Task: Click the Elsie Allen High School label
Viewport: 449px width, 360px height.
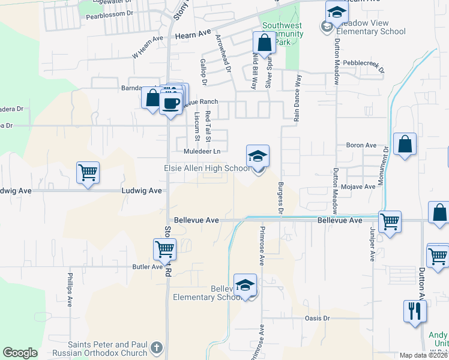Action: click(x=207, y=169)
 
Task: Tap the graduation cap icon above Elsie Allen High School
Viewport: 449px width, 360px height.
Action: click(x=258, y=156)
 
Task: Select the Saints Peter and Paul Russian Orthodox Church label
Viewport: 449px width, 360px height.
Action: click(x=108, y=349)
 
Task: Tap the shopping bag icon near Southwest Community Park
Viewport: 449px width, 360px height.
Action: click(x=264, y=43)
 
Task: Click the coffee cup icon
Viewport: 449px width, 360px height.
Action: click(x=171, y=103)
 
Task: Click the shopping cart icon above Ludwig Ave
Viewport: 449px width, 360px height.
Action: click(x=88, y=173)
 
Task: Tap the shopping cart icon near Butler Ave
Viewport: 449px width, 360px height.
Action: click(x=164, y=248)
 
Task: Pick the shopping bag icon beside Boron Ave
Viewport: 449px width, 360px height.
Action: click(x=406, y=145)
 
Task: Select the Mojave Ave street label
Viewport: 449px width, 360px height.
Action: click(x=358, y=187)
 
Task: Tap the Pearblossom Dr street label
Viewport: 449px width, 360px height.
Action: click(x=107, y=17)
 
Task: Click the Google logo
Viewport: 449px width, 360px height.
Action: click(x=20, y=353)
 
